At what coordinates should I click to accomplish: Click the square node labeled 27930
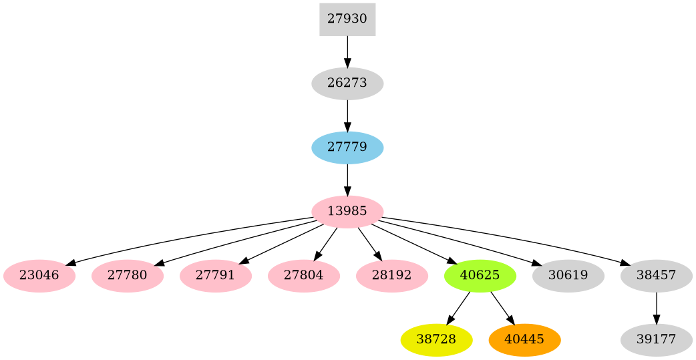(347, 19)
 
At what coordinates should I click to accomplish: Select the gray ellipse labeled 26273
(347, 83)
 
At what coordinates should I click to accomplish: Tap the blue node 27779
(347, 147)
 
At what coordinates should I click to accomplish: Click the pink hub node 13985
(347, 212)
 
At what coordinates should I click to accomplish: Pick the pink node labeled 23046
(39, 276)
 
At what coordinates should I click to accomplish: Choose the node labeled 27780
(127, 276)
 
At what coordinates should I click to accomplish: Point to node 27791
(215, 276)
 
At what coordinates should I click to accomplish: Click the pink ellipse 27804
(303, 276)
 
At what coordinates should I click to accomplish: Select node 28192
(391, 276)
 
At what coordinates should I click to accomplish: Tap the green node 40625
(480, 276)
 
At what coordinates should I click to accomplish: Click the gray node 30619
(568, 276)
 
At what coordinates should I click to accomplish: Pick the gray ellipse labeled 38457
(656, 276)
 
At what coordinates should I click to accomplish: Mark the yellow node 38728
(436, 339)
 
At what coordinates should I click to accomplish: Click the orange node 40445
(524, 339)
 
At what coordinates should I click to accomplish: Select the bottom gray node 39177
(656, 339)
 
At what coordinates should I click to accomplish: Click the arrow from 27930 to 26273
(347, 51)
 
